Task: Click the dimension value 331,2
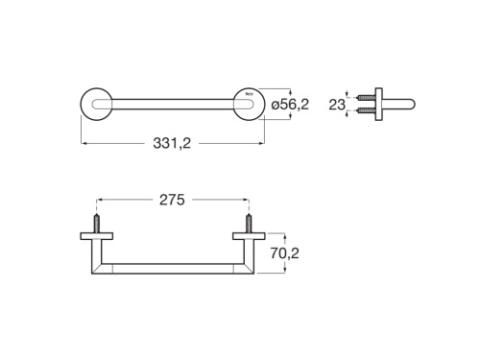tap(172, 144)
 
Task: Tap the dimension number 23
tap(337, 104)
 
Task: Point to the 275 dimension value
tap(172, 200)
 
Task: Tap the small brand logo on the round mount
tap(251, 94)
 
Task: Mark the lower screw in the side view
tap(365, 110)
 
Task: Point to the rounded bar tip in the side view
tap(411, 103)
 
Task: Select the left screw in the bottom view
tap(96, 223)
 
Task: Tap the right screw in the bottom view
tap(248, 223)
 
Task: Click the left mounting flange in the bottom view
tap(96, 235)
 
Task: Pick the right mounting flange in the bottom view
tap(248, 235)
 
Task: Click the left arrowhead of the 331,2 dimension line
tap(84, 144)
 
